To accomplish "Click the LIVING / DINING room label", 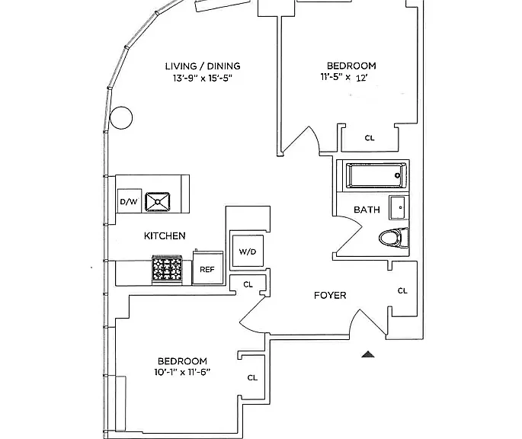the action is click(x=203, y=66).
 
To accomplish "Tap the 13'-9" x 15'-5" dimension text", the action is click(x=203, y=79).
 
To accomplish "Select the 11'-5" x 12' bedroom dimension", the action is click(x=344, y=77).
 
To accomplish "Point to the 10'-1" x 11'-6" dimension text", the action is click(x=182, y=372).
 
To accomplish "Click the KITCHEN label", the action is click(x=165, y=236).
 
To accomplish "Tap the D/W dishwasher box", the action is click(x=130, y=201).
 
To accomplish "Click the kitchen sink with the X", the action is click(x=158, y=201).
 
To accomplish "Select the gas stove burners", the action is click(x=167, y=268).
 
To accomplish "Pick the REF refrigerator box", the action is click(x=208, y=268).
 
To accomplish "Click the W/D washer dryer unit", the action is click(x=248, y=251).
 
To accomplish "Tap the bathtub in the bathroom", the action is click(x=376, y=175).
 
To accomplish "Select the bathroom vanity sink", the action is click(x=398, y=208).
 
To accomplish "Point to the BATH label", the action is click(x=367, y=210).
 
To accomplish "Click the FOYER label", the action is click(x=330, y=295).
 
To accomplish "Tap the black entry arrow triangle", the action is click(x=368, y=354).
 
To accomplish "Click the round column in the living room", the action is click(x=121, y=117).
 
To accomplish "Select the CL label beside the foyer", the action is click(x=402, y=291).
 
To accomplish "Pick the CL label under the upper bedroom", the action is click(x=370, y=137).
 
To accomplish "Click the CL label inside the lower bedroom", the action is click(x=252, y=377).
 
